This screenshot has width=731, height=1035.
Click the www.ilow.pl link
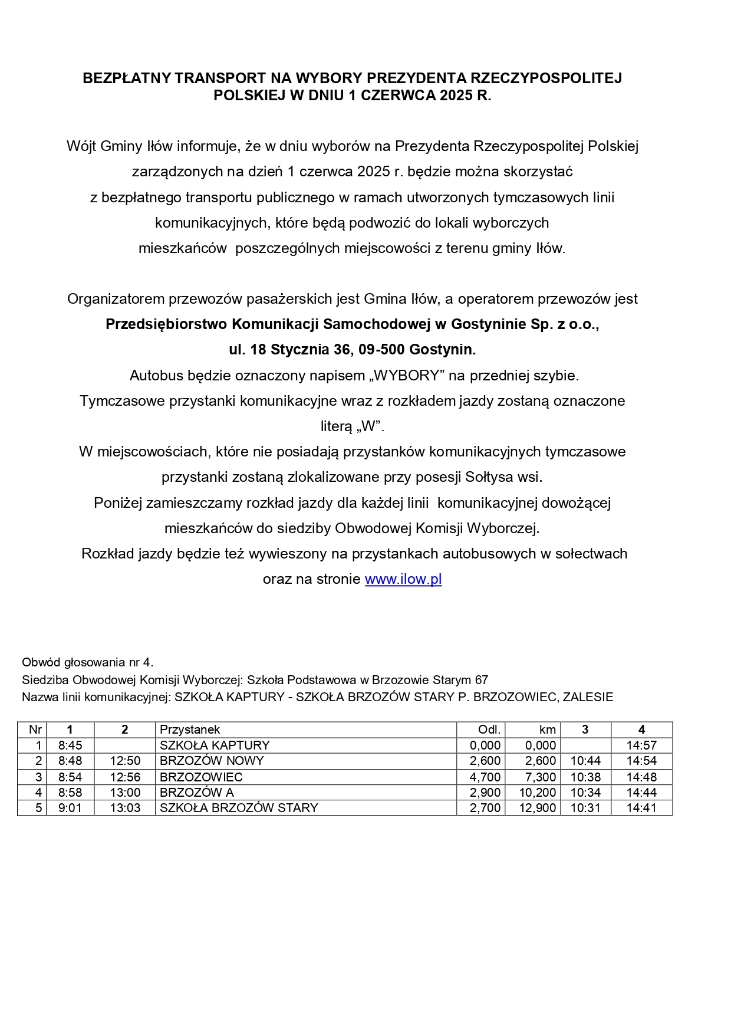click(403, 579)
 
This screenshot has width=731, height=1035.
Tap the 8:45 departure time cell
click(70, 745)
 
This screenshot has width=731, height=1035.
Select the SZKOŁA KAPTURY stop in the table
click(215, 745)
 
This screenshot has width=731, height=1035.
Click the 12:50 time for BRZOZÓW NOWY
click(125, 761)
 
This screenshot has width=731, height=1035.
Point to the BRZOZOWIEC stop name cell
click(201, 777)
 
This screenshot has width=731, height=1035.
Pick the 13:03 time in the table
click(125, 808)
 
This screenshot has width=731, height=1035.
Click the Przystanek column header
click(190, 730)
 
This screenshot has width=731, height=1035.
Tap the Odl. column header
click(489, 730)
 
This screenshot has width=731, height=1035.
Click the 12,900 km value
click(538, 808)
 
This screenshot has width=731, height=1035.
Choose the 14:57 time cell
click(641, 745)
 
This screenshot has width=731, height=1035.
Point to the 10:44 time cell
click(585, 761)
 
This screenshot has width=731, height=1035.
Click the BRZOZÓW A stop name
click(197, 793)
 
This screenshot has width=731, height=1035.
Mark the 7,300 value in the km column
click(541, 777)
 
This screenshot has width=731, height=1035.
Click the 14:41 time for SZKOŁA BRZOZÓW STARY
click(641, 808)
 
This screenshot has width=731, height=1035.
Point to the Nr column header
click(35, 730)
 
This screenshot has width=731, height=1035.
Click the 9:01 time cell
click(70, 808)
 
